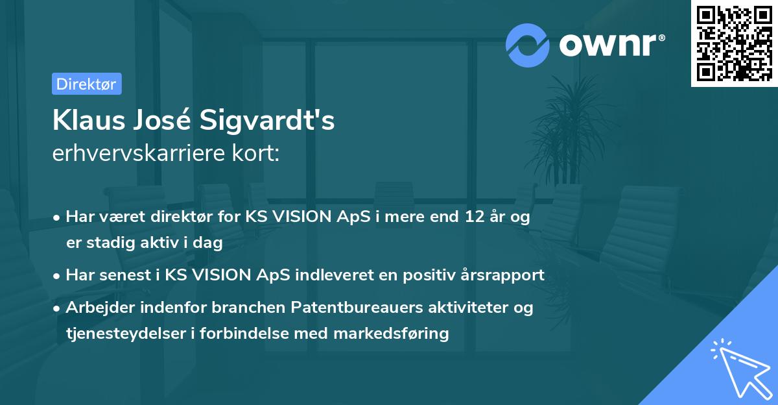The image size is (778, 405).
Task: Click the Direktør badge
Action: (86, 84)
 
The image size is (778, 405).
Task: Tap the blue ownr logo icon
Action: (528, 45)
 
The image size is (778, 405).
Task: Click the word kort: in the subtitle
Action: (257, 153)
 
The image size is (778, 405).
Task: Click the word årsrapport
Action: (502, 275)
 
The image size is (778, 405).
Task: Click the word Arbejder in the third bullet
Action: (96, 308)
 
